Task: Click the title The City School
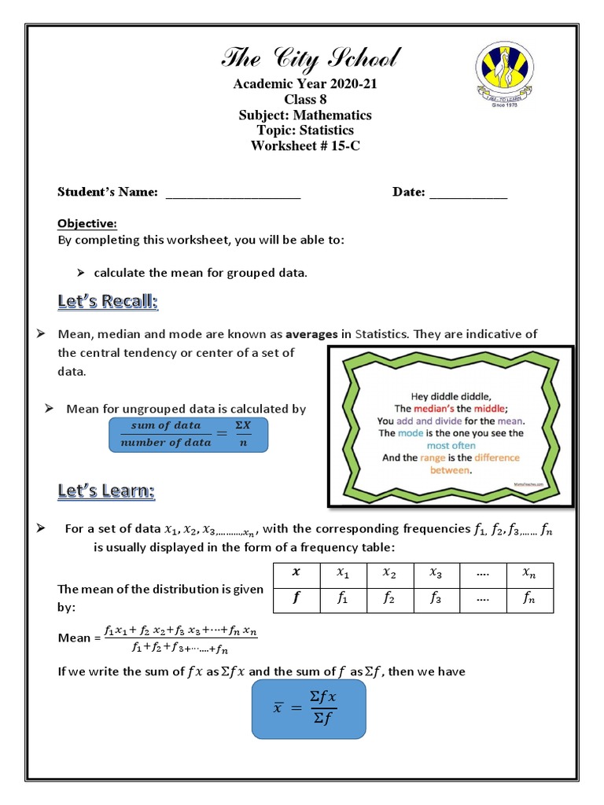(311, 58)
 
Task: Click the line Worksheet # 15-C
(304, 145)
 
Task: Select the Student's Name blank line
(233, 193)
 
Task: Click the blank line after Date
(468, 193)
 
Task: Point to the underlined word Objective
(87, 224)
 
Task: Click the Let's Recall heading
(108, 301)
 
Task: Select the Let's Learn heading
(106, 491)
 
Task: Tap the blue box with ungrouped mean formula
(187, 434)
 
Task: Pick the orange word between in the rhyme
(450, 470)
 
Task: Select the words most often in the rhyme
(451, 445)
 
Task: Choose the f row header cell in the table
(296, 600)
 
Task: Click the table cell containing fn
(529, 600)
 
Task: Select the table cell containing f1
(343, 600)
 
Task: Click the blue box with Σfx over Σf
(308, 709)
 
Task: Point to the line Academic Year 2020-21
(304, 85)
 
